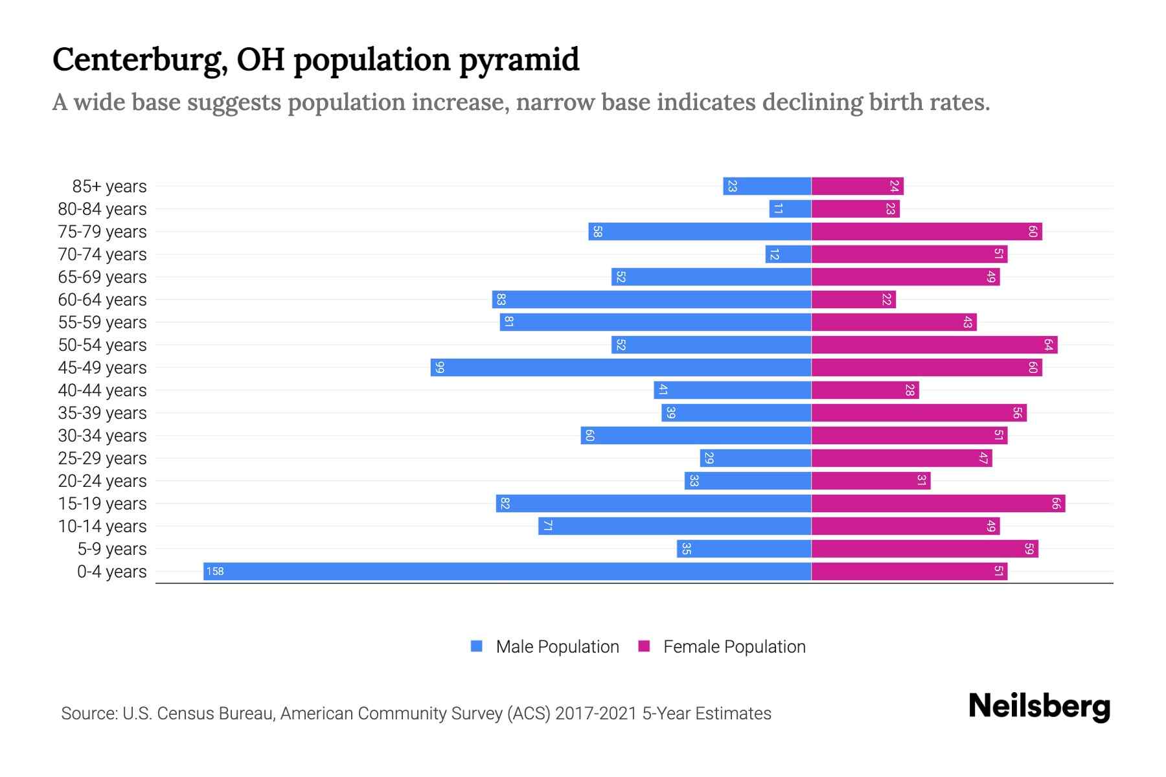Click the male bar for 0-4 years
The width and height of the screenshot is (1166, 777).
(507, 571)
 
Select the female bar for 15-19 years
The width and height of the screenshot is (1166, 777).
(938, 503)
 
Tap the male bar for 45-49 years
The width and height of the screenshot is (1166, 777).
(621, 367)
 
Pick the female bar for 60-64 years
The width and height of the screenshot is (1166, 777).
(853, 299)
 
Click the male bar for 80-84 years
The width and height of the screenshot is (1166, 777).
(790, 208)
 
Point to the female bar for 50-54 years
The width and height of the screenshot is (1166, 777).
(934, 344)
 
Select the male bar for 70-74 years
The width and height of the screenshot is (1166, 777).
(788, 254)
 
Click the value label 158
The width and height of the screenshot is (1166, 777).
(215, 571)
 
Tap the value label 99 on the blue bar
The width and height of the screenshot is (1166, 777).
(440, 367)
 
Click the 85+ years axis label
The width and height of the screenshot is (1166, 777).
(109, 186)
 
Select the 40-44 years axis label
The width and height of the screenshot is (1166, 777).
(102, 390)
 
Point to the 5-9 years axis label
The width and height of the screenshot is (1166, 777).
(111, 549)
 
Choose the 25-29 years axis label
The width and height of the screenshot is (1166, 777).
(102, 458)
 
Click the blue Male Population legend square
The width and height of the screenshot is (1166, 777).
(477, 646)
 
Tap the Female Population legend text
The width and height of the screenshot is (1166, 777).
(734, 646)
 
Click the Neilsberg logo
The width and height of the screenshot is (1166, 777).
(1039, 706)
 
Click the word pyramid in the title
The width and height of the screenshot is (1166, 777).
(519, 60)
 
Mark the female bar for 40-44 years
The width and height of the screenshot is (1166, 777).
(865, 390)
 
